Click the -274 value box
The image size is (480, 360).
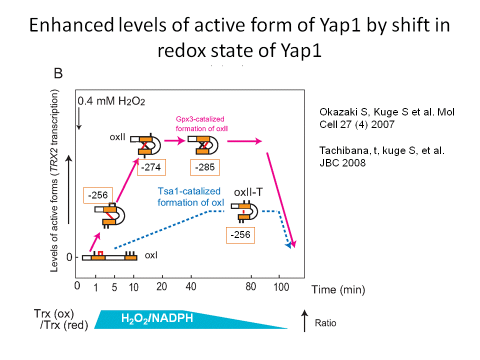(150, 167)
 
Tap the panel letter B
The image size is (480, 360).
(58, 74)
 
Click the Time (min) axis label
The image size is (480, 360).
(338, 289)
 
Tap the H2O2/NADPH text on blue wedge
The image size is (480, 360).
(157, 318)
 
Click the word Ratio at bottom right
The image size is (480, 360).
(325, 323)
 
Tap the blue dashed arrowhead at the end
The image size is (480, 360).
(288, 245)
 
